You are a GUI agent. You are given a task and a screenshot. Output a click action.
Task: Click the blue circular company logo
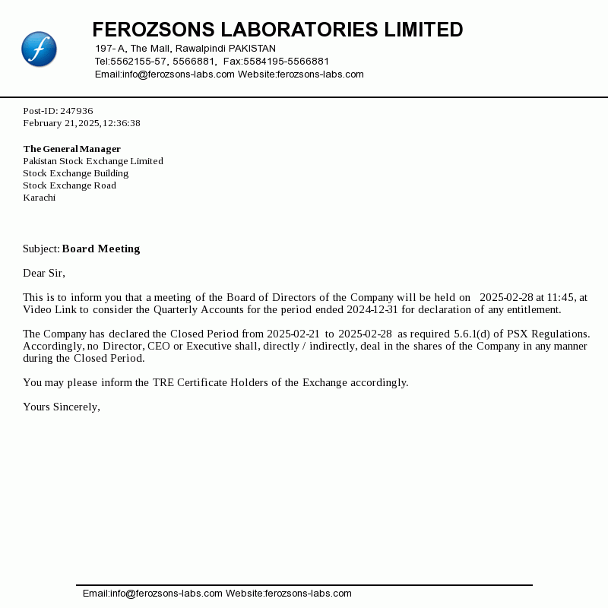tap(39, 49)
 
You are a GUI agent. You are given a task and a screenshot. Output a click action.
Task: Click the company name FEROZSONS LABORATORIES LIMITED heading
tap(277, 30)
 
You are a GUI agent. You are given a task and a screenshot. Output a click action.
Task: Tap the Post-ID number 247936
tap(77, 111)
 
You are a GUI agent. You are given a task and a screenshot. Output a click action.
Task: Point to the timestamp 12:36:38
tap(122, 123)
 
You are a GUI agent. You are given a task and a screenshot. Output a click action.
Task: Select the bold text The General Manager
tap(72, 149)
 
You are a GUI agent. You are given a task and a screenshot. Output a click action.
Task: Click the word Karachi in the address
tap(40, 198)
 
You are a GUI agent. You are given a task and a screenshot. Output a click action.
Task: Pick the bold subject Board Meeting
tap(101, 249)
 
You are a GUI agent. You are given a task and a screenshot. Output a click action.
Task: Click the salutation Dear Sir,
tap(44, 273)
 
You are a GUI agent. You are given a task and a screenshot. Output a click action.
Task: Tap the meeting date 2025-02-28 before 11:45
tap(506, 297)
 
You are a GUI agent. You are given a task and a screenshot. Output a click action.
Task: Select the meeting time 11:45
tap(559, 297)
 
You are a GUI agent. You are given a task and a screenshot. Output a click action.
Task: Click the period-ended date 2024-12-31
tap(371, 309)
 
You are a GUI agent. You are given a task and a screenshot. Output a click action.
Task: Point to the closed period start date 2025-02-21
tap(293, 334)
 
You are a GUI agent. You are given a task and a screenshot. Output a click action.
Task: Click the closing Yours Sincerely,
tap(62, 407)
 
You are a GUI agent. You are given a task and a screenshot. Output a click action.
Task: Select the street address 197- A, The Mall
tap(134, 48)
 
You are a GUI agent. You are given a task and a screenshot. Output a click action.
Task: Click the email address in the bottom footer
tap(166, 594)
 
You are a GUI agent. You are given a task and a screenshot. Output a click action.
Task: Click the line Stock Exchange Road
tap(69, 185)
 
